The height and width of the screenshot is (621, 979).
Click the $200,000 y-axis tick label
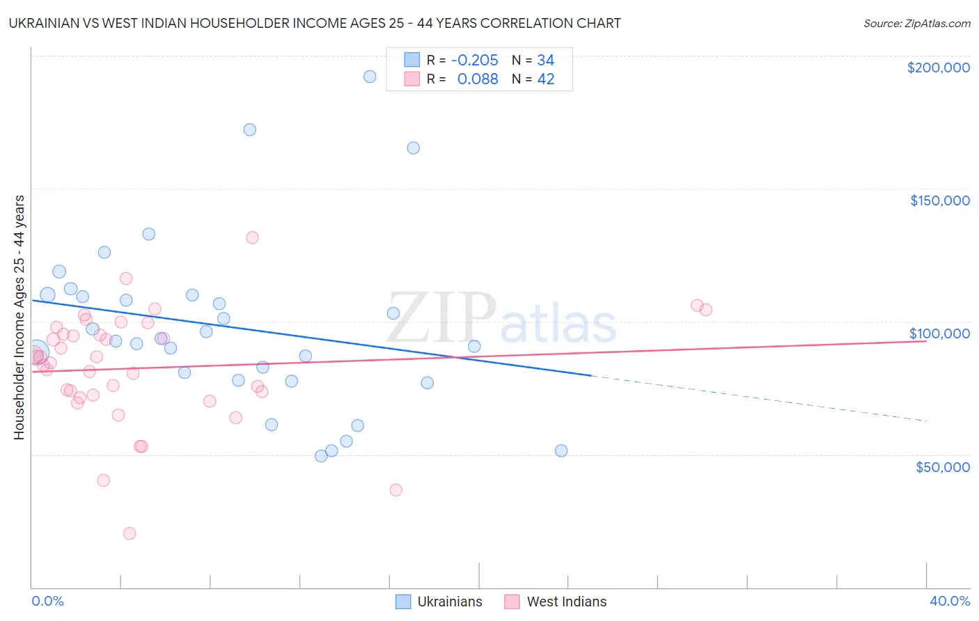click(x=938, y=68)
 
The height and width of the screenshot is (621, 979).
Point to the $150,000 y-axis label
click(x=939, y=201)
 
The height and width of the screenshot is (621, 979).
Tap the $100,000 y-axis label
click(x=939, y=333)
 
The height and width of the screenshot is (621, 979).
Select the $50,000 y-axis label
click(x=942, y=466)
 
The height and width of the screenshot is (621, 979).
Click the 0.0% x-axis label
click(x=47, y=601)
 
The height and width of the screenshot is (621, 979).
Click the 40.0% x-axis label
click(x=950, y=601)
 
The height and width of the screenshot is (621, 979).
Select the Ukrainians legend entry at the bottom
click(x=439, y=602)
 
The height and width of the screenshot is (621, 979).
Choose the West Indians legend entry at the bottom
click(x=556, y=602)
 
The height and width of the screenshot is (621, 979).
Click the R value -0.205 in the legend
click(x=474, y=60)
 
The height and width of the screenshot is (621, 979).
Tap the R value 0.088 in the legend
click(x=478, y=79)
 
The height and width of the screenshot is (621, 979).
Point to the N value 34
click(x=545, y=60)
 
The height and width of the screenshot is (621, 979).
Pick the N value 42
click(x=545, y=79)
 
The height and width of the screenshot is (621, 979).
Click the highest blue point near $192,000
click(x=370, y=77)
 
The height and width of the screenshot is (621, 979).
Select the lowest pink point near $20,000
click(x=130, y=533)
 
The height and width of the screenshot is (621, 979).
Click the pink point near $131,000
click(x=252, y=237)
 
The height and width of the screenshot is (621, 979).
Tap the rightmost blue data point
click(x=561, y=450)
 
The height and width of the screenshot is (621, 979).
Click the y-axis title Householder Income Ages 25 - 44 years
click(x=19, y=317)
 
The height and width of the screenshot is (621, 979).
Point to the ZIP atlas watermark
click(x=501, y=319)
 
